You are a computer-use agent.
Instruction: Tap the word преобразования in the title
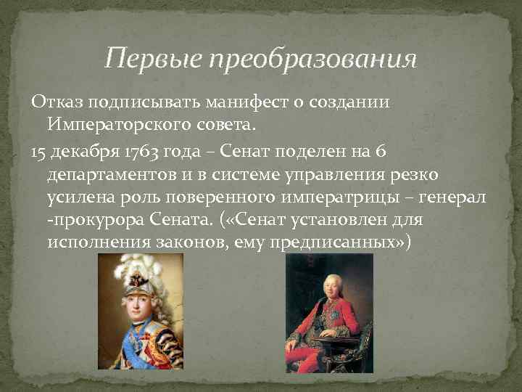pos(313,58)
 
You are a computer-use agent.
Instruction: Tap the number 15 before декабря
pos(38,151)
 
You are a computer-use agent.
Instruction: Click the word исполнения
pos(99,241)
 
